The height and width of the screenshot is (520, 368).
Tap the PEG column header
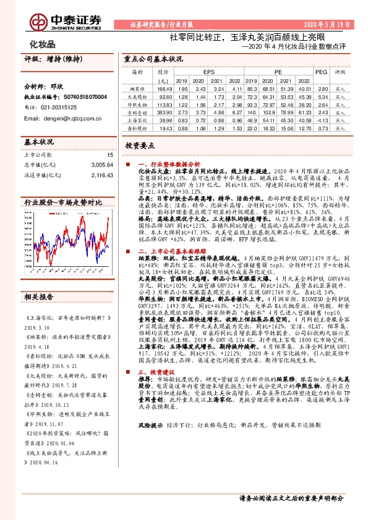point(320,72)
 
